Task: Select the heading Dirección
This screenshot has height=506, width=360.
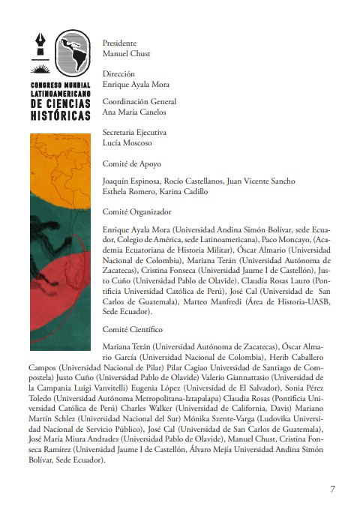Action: pyautogui.click(x=118, y=73)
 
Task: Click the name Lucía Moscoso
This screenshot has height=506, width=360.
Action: pyautogui.click(x=127, y=142)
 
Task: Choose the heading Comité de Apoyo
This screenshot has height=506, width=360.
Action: pyautogui.click(x=131, y=162)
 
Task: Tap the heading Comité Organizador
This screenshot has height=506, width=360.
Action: pyautogui.click(x=136, y=211)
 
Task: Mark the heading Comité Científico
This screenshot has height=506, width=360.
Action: pyautogui.click(x=132, y=328)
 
